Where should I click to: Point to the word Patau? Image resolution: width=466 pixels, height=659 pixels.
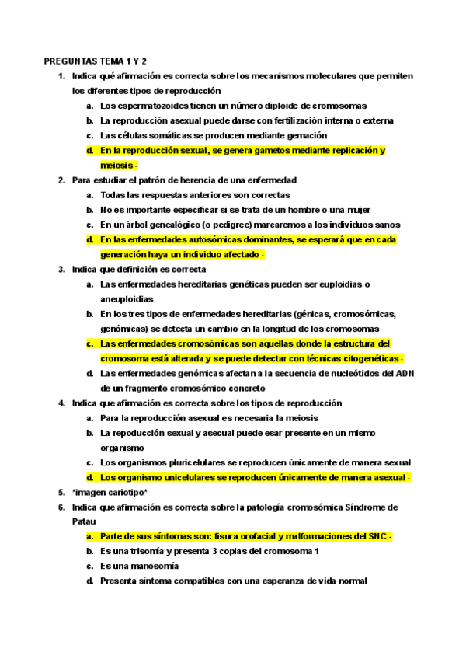[84, 522]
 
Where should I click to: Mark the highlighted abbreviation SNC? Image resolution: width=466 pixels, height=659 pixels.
[374, 537]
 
